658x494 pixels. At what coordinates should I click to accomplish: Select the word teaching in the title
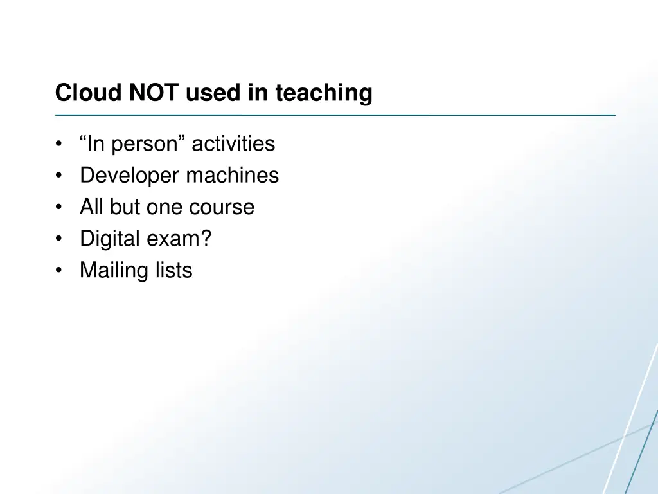(324, 93)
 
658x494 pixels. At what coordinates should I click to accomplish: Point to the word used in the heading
(214, 93)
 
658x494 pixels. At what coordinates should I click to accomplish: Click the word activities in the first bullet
(233, 143)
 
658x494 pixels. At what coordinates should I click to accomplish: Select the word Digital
(109, 239)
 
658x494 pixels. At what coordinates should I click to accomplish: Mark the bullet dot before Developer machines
(59, 176)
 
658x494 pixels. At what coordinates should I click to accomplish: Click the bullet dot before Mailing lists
(59, 271)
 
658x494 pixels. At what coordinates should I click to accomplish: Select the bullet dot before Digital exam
(59, 239)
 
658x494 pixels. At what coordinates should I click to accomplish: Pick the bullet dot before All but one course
(59, 208)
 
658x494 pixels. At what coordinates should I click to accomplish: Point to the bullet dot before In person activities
(59, 144)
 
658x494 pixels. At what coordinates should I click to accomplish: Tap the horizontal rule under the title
(335, 116)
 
